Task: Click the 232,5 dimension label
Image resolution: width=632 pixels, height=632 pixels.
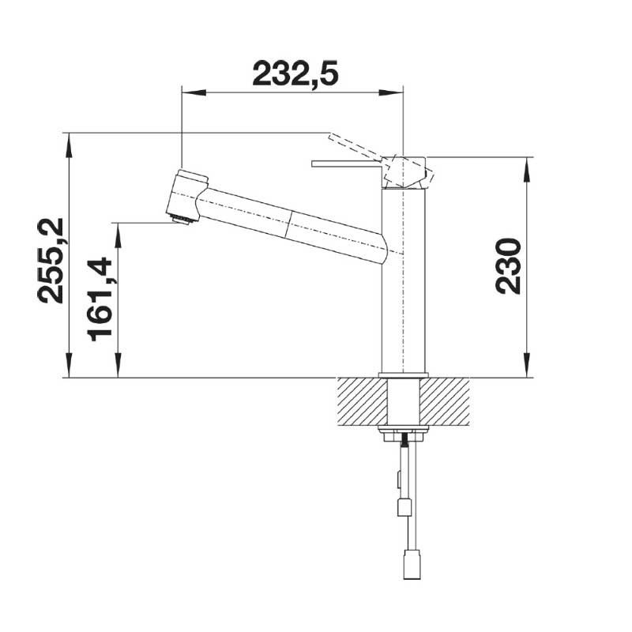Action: pyautogui.click(x=295, y=74)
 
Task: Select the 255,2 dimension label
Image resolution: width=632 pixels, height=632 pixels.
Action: pyautogui.click(x=51, y=261)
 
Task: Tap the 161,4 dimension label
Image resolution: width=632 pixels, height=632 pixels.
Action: pyautogui.click(x=99, y=299)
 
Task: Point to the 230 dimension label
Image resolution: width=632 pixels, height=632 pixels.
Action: pyautogui.click(x=507, y=266)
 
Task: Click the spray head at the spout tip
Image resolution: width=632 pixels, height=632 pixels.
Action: pyautogui.click(x=187, y=196)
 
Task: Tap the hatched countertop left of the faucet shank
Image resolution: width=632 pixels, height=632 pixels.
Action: pyautogui.click(x=363, y=402)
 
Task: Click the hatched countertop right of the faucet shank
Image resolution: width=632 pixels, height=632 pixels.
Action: pyautogui.click(x=445, y=402)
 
